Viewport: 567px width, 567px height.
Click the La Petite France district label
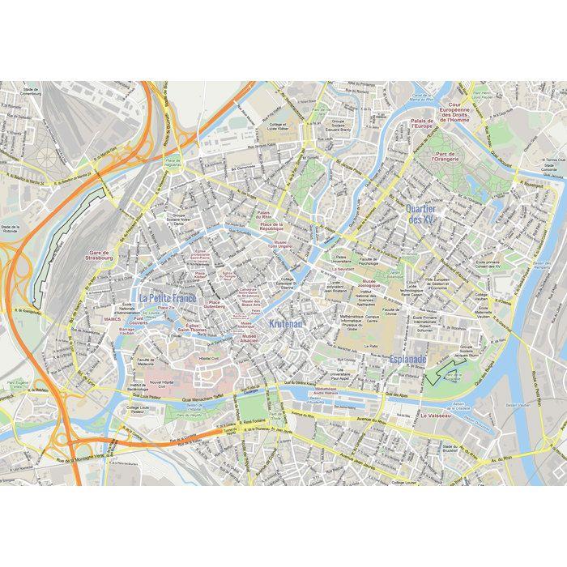pyautogui.click(x=168, y=298)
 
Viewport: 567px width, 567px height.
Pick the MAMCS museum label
pyautogui.click(x=113, y=320)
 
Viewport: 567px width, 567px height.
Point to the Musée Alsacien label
pyautogui.click(x=249, y=338)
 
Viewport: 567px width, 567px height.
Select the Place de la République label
pyautogui.click(x=271, y=227)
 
